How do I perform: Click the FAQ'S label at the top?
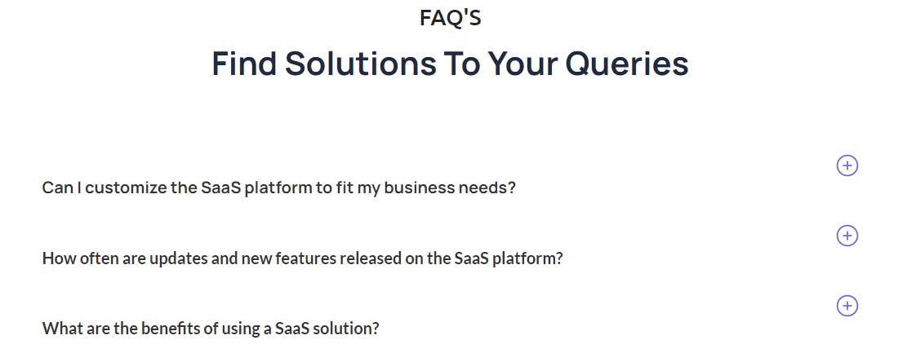(451, 17)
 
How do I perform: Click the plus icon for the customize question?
(847, 166)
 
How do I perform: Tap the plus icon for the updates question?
(847, 236)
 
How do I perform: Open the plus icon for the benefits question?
(847, 306)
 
